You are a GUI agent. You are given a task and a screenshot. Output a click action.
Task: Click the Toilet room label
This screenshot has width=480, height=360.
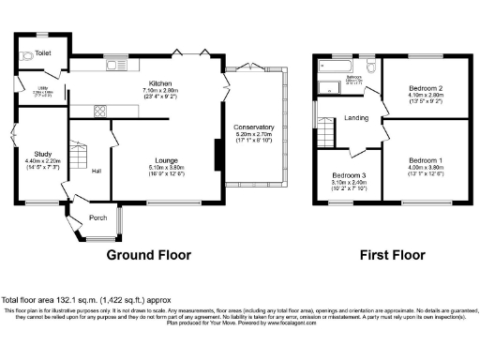(x=42, y=43)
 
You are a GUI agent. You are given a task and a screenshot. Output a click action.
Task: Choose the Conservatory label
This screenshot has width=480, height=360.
(x=254, y=127)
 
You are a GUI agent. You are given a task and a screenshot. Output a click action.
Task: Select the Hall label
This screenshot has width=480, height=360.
(x=97, y=170)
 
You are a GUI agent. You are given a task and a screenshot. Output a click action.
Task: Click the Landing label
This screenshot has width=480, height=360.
(x=356, y=118)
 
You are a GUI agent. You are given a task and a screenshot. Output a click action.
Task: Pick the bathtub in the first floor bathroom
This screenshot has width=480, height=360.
(x=334, y=67)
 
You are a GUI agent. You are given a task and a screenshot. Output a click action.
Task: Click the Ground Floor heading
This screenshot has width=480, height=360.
(x=148, y=254)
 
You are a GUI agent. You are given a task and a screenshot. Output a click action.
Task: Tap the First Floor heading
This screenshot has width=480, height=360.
(x=388, y=254)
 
